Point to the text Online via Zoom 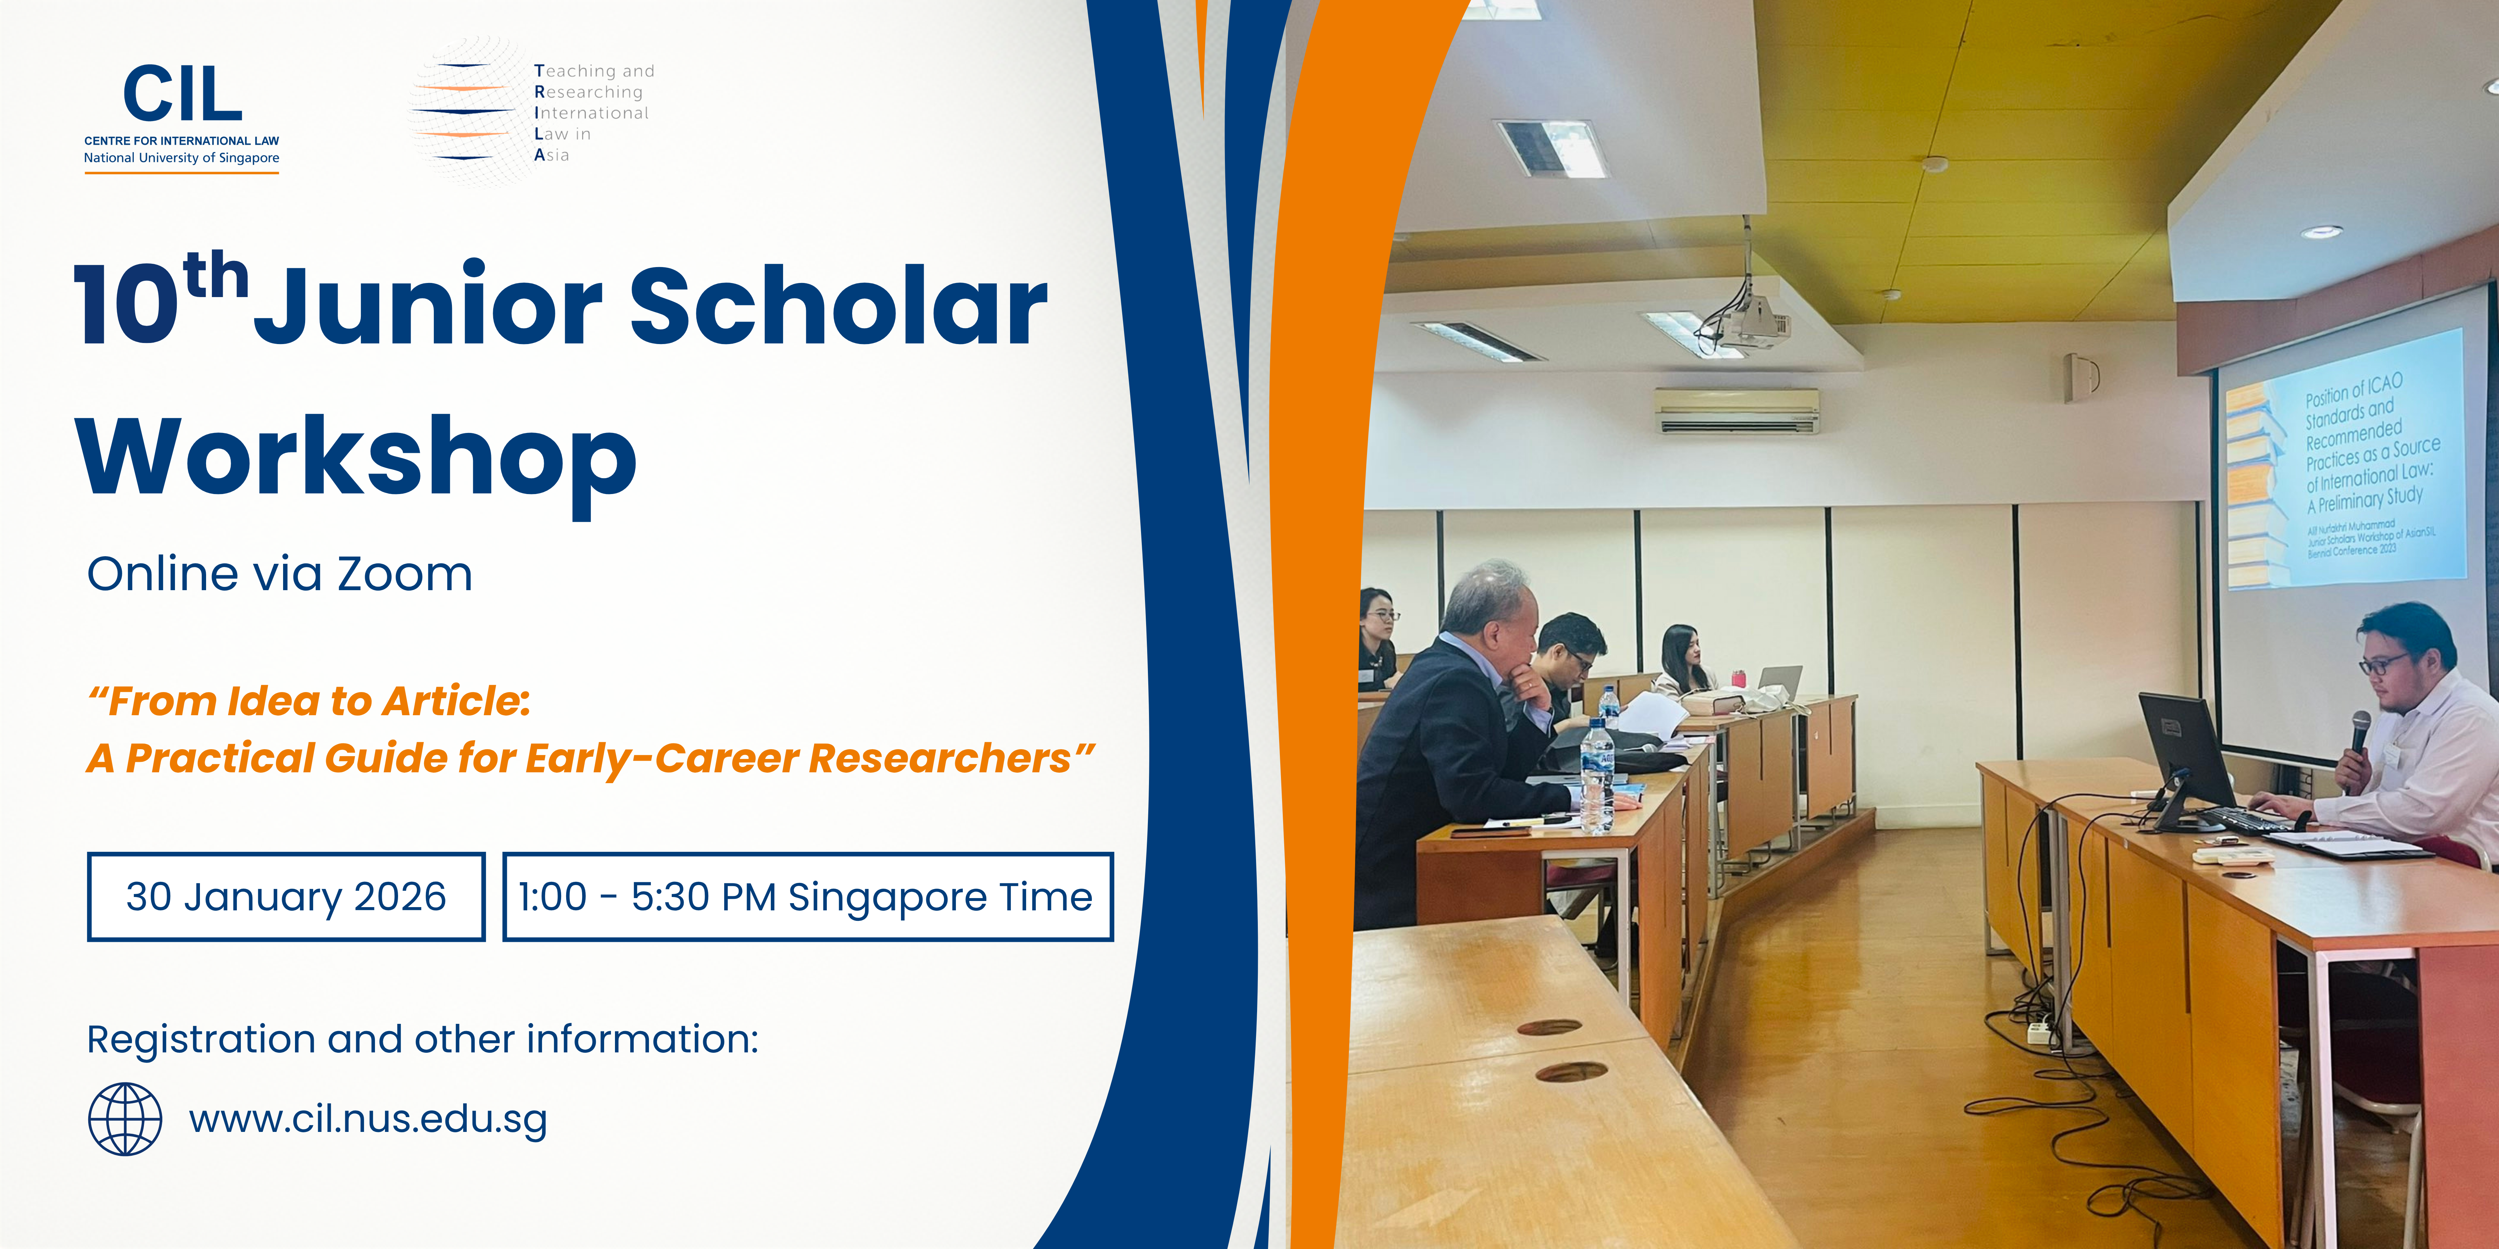click(x=279, y=574)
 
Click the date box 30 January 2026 click(x=286, y=897)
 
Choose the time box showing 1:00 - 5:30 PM click(x=807, y=897)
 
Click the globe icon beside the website click(x=125, y=1119)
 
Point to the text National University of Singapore click(x=181, y=158)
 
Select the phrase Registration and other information click(x=422, y=1039)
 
